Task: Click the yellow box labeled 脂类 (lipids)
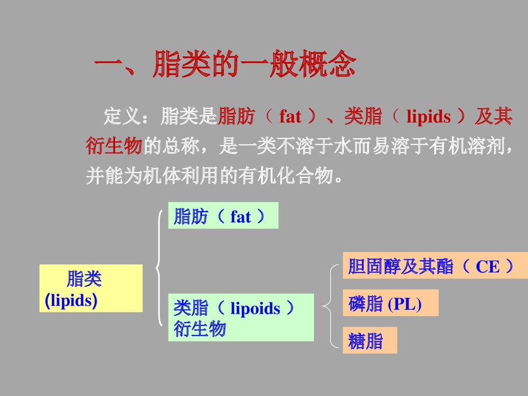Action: pyautogui.click(x=91, y=288)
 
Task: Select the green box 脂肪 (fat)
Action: pyautogui.click(x=223, y=215)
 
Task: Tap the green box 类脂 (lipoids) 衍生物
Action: pyautogui.click(x=241, y=317)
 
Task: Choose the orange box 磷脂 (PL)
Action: pyautogui.click(x=390, y=303)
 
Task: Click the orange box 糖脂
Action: pyautogui.click(x=370, y=341)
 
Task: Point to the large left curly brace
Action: pyautogui.click(x=159, y=268)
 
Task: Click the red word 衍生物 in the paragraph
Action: pyautogui.click(x=114, y=146)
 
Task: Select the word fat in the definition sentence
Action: pyautogui.click(x=290, y=117)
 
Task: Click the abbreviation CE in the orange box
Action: pyautogui.click(x=487, y=267)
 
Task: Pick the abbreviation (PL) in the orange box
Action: pyautogui.click(x=404, y=304)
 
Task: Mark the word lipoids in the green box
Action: pyautogui.click(x=256, y=308)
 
